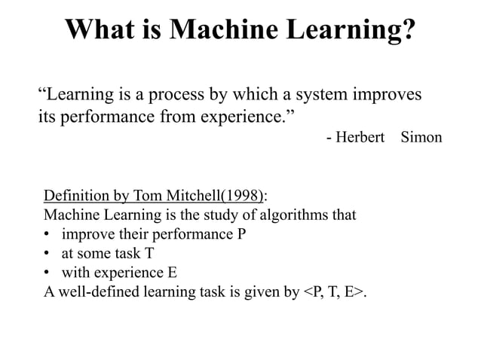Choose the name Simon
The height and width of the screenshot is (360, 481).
coord(421,137)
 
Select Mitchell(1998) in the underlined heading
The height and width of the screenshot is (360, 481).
coord(214,197)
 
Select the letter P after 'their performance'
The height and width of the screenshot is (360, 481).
coord(241,234)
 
